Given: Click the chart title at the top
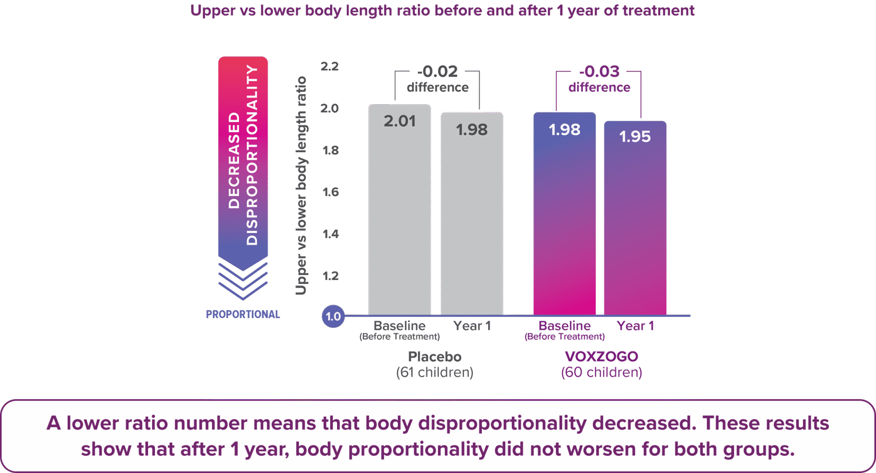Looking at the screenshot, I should click(442, 11).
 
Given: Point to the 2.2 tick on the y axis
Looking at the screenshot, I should click(329, 66).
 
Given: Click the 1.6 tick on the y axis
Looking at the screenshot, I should click(330, 192).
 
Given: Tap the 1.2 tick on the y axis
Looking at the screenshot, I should click(330, 276).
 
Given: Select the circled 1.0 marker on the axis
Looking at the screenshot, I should click(333, 316).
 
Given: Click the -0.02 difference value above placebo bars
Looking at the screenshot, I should click(437, 71).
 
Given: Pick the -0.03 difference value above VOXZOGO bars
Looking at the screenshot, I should click(599, 71).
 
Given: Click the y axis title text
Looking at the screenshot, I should click(301, 185).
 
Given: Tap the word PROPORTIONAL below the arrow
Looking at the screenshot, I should click(243, 314).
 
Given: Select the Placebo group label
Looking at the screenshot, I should click(434, 356).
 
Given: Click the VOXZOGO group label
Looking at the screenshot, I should click(601, 356).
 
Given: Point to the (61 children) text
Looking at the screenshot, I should click(434, 372).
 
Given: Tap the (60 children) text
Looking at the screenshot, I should click(601, 372).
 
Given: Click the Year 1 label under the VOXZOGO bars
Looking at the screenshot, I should click(635, 326).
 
